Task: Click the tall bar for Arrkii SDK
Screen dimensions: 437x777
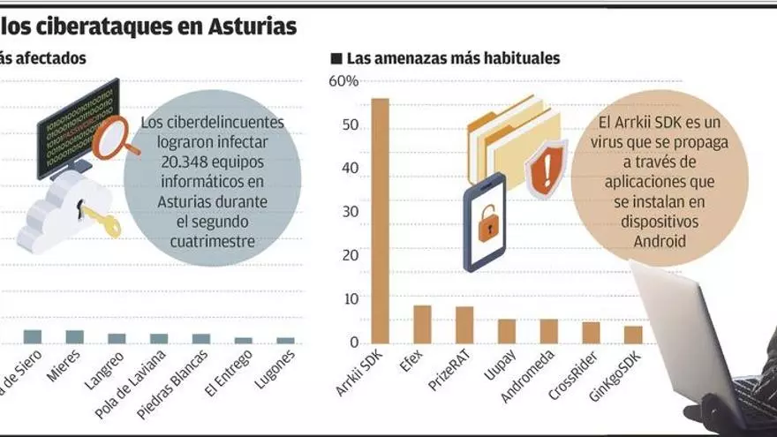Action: pyautogui.click(x=380, y=221)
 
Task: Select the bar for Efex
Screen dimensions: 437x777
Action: pyautogui.click(x=422, y=324)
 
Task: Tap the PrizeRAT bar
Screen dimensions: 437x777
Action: pyautogui.click(x=464, y=325)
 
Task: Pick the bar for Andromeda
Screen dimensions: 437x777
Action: pyautogui.click(x=549, y=331)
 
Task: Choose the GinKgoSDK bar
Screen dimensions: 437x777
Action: pyautogui.click(x=633, y=335)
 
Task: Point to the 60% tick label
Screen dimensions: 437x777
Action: pyautogui.click(x=343, y=82)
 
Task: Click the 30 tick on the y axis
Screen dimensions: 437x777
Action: pyautogui.click(x=350, y=212)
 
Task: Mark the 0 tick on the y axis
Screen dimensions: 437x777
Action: pyautogui.click(x=353, y=343)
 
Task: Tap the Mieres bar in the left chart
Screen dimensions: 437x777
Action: pyautogui.click(x=75, y=336)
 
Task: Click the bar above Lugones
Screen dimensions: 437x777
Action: pyautogui.click(x=285, y=340)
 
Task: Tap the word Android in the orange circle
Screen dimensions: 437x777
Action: pyautogui.click(x=660, y=240)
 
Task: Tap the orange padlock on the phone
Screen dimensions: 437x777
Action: pyautogui.click(x=486, y=226)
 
